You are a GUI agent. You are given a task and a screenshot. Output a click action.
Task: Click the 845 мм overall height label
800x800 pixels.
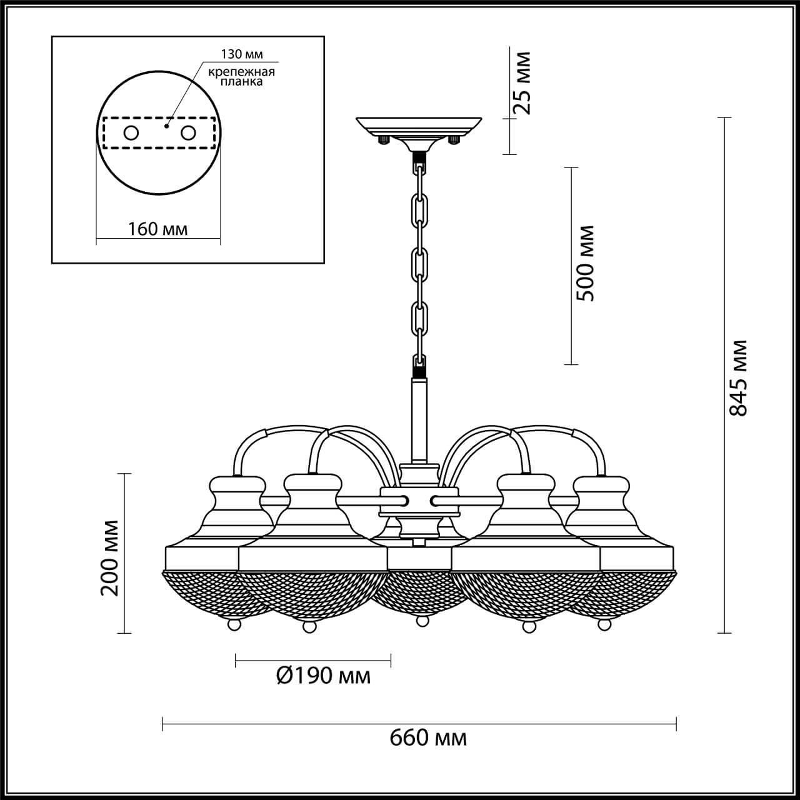tap(739, 377)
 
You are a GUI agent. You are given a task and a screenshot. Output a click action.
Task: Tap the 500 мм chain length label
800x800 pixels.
tap(585, 263)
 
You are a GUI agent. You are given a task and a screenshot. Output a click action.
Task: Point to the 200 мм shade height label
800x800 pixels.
tap(110, 557)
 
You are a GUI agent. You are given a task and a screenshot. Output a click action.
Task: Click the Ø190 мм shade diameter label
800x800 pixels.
tap(322, 676)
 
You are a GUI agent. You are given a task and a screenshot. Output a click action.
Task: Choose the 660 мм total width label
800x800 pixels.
tap(428, 738)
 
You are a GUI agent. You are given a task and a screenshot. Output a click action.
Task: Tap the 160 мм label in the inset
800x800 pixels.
tap(157, 229)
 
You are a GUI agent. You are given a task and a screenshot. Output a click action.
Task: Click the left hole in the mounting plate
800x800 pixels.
tap(131, 133)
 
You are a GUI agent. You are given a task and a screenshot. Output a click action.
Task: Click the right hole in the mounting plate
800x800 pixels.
tap(188, 133)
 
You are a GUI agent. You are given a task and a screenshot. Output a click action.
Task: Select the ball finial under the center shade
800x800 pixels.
tap(422, 621)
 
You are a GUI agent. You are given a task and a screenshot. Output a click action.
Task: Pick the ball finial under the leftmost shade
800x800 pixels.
tap(233, 624)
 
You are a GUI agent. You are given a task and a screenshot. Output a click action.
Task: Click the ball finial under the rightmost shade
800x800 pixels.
tap(604, 624)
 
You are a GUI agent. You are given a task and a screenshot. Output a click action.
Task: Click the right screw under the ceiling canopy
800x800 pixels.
tap(455, 140)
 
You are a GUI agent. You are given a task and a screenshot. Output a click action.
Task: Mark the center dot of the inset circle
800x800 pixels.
tap(166, 126)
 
